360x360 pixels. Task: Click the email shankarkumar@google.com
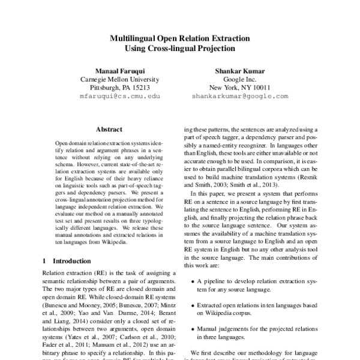tap(241, 95)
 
